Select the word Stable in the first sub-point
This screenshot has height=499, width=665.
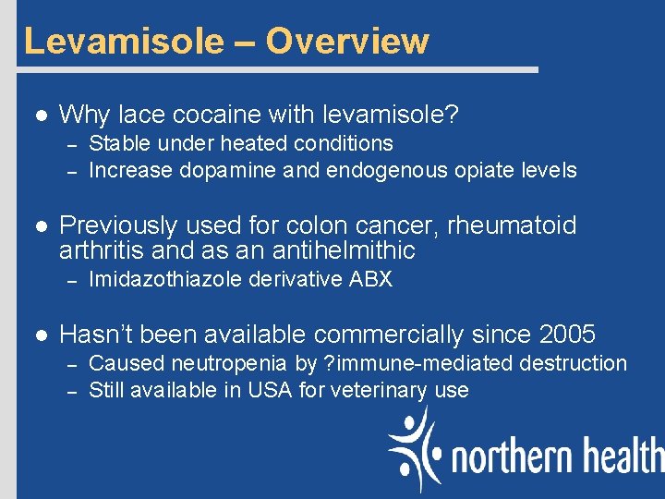point(117,143)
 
